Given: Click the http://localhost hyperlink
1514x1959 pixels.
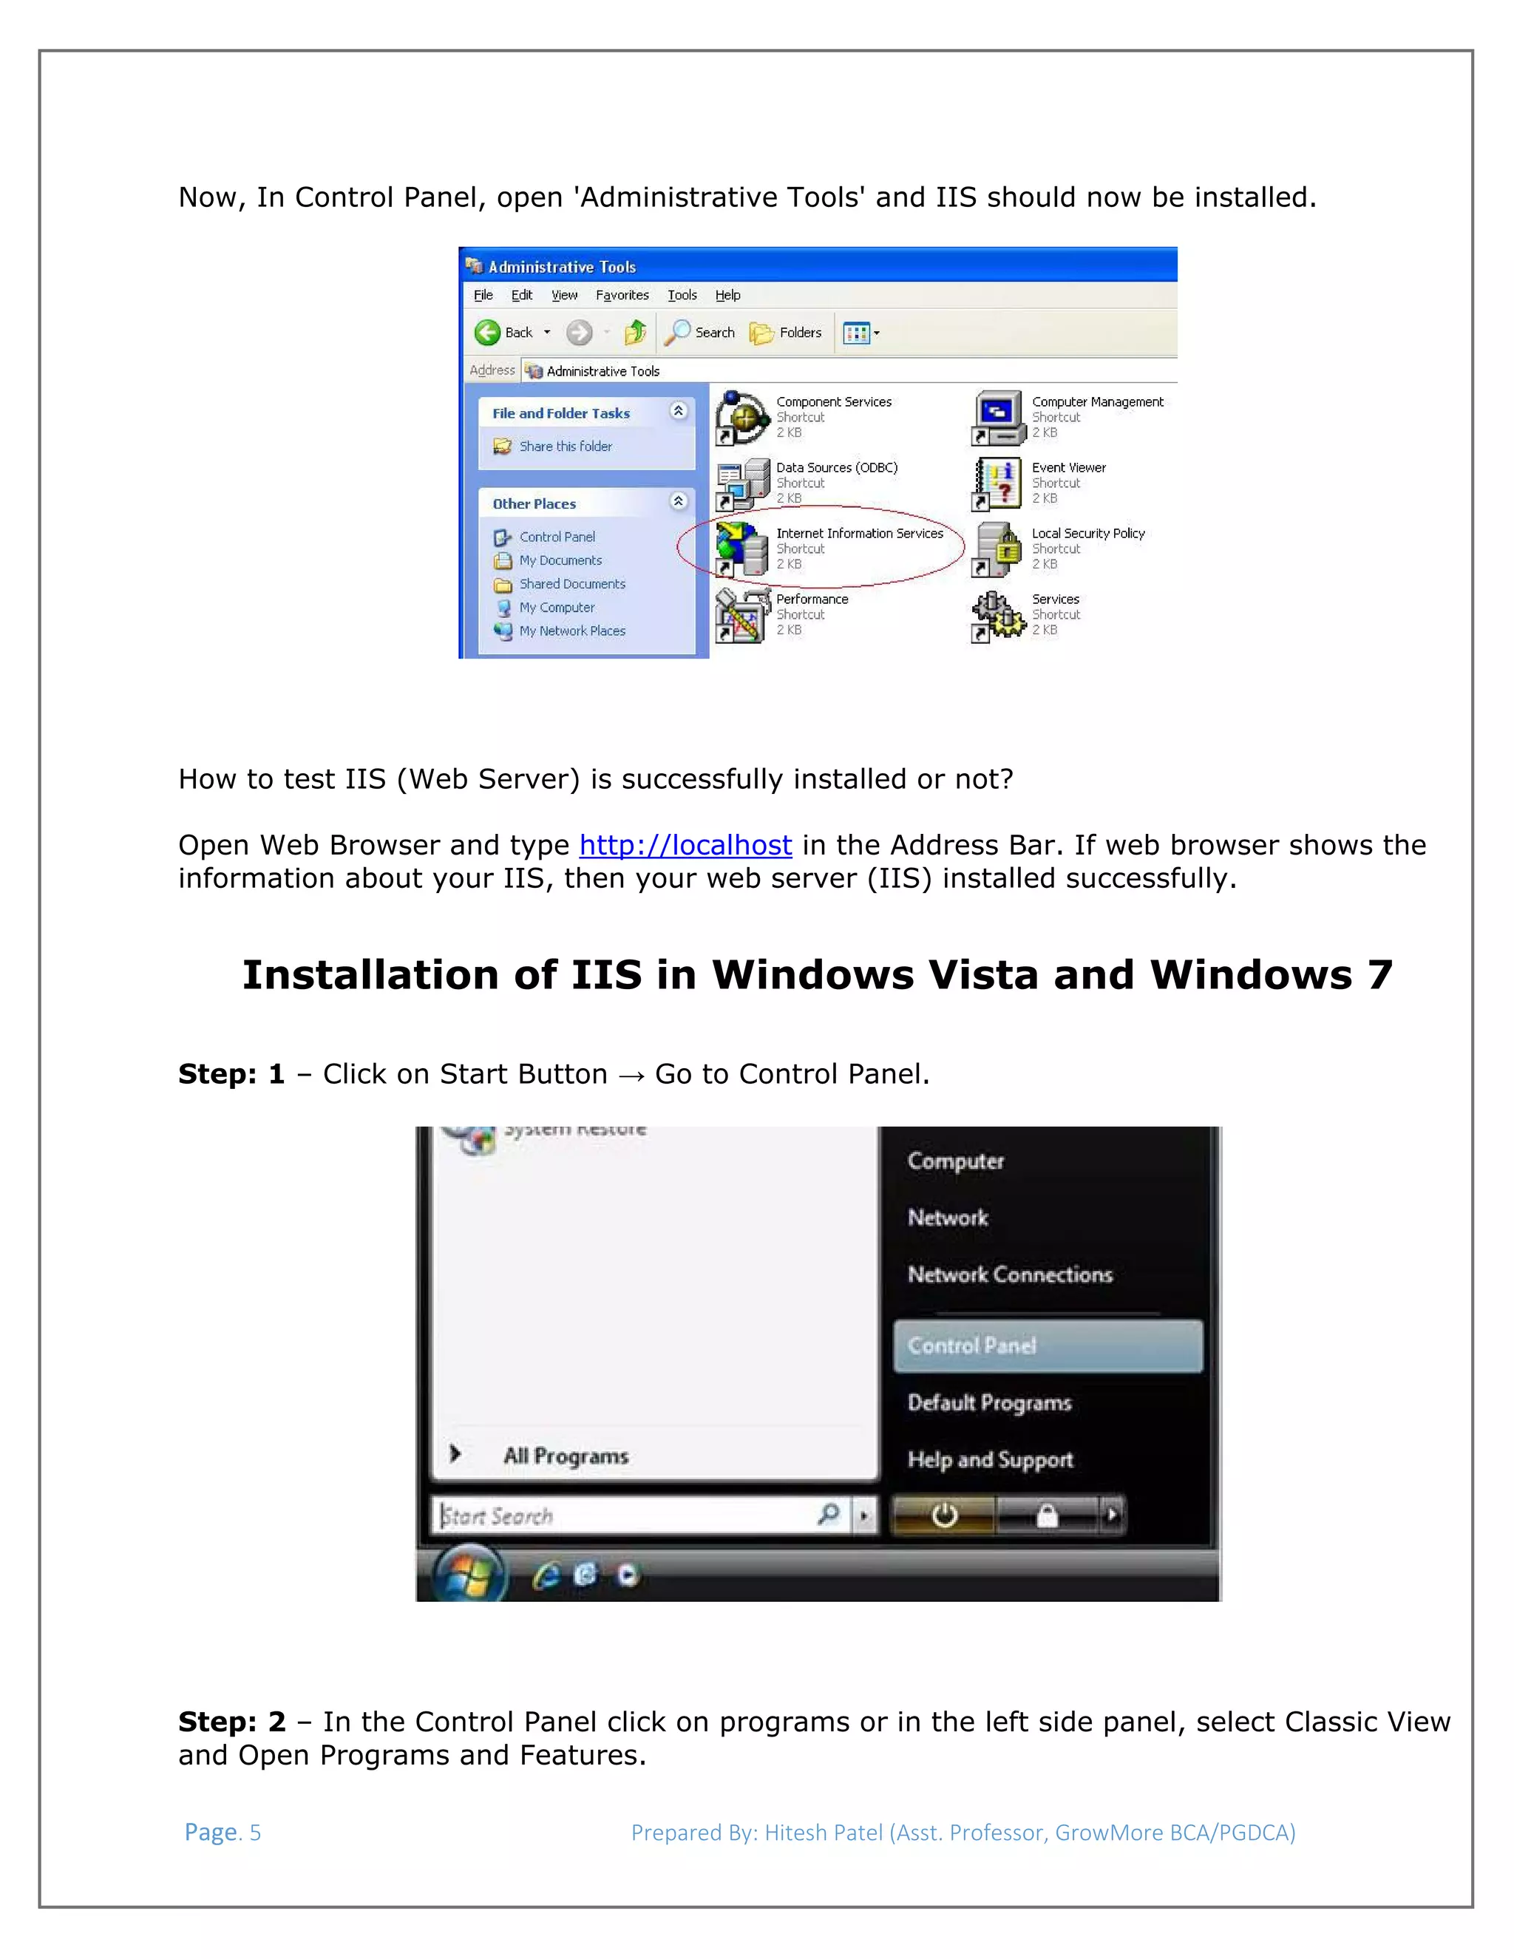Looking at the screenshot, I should (685, 845).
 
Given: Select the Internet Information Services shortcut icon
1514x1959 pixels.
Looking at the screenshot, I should (741, 548).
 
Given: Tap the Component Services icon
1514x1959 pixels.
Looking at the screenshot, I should (741, 417).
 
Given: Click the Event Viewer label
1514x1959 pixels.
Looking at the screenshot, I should (1068, 467).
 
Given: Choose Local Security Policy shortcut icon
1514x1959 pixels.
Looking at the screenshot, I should (998, 548).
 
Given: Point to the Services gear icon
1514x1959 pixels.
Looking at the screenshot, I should (997, 614).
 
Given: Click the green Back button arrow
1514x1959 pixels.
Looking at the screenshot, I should (487, 333).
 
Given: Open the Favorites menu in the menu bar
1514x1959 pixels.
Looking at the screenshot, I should (622, 295).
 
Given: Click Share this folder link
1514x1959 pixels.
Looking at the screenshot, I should (565, 447).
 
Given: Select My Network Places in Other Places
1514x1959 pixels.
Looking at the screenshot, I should (571, 631).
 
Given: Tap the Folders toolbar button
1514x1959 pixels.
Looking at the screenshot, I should (787, 333).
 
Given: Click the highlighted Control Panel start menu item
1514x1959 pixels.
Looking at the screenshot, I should (1047, 1345).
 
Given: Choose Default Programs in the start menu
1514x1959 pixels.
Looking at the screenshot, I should (989, 1403).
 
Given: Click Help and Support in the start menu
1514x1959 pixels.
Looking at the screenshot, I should (990, 1459).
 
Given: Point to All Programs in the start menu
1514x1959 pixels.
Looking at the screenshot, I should (565, 1455).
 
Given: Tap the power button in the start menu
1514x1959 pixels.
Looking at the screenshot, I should (943, 1516).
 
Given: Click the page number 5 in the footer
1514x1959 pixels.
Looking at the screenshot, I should (255, 1833).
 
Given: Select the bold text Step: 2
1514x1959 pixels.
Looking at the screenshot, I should (231, 1722).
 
